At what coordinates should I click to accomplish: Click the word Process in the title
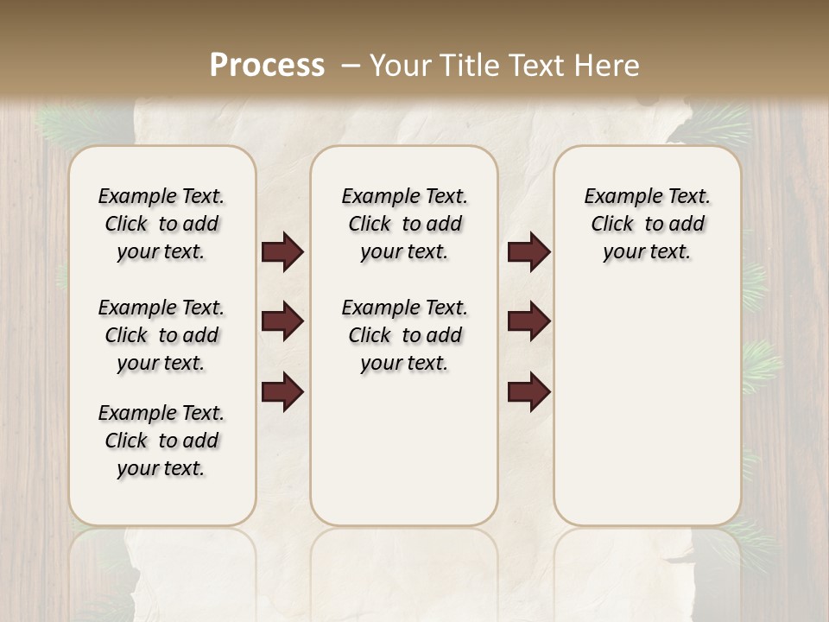click(267, 66)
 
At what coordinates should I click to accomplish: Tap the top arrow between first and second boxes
click(282, 252)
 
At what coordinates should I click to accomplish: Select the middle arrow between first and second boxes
click(282, 322)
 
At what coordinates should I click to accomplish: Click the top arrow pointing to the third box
click(528, 252)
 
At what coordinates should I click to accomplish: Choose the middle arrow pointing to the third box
click(528, 322)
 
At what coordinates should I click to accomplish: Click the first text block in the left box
click(161, 224)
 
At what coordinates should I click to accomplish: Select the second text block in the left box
click(161, 335)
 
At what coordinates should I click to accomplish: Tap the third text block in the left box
click(161, 441)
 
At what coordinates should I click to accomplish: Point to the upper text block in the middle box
click(404, 224)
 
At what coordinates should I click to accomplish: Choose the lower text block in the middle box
click(404, 335)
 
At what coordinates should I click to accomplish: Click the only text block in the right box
click(647, 224)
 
